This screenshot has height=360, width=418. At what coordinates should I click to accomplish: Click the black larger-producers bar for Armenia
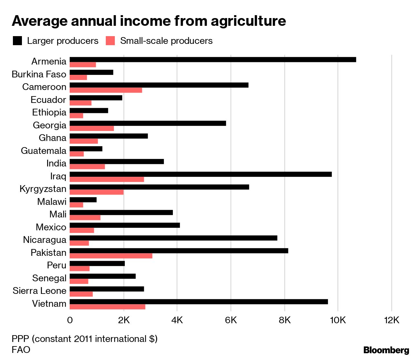[213, 60]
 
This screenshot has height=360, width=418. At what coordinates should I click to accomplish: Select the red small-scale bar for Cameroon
[106, 90]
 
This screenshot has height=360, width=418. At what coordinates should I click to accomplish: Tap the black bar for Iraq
[201, 175]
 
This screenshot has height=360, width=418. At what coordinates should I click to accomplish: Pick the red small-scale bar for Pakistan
[111, 256]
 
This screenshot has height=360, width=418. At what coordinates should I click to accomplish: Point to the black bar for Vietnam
[199, 302]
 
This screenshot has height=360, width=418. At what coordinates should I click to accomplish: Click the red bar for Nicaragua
[79, 243]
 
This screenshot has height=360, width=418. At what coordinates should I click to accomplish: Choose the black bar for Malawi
[83, 200]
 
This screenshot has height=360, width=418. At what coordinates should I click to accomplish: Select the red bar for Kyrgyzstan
[97, 192]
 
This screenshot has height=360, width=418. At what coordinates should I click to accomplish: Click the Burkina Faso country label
[39, 74]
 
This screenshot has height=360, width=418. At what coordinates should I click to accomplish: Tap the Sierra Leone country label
[39, 291]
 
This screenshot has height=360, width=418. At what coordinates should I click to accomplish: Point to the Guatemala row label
[44, 151]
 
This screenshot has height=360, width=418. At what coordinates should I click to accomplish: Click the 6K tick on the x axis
[231, 320]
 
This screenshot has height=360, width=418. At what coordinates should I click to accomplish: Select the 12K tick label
[392, 320]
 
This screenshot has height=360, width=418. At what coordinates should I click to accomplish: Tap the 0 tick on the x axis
[70, 320]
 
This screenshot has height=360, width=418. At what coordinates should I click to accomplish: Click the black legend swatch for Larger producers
[17, 41]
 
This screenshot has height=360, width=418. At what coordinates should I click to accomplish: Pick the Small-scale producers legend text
[166, 41]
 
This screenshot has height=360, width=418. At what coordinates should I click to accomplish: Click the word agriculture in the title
[248, 21]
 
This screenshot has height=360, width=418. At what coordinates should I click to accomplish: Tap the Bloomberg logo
[386, 350]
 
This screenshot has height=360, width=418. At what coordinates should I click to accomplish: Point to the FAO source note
[21, 350]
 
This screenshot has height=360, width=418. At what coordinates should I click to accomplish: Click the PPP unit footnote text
[85, 339]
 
